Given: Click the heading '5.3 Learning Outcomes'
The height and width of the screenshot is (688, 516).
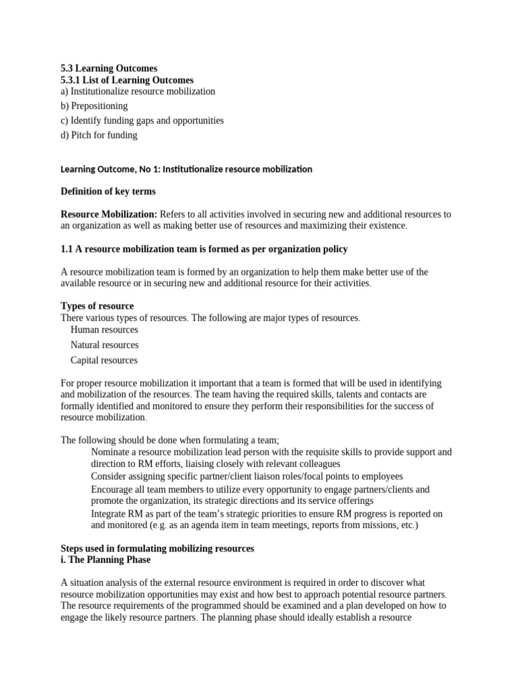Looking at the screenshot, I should tap(109, 68).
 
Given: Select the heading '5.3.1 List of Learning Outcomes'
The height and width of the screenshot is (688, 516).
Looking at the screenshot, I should tap(127, 80).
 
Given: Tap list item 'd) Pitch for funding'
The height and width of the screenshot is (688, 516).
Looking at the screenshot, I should tap(99, 135).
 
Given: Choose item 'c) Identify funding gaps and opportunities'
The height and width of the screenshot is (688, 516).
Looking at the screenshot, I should tap(142, 120).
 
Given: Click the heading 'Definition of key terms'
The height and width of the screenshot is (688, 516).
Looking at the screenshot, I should tap(108, 191).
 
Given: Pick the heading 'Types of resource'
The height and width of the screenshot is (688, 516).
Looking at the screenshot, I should tap(97, 306).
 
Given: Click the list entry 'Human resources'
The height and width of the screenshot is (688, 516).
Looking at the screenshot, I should tap(104, 330).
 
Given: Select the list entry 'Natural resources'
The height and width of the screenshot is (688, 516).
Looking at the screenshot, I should tap(104, 345).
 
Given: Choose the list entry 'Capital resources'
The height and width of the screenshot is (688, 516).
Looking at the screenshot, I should tap(103, 360).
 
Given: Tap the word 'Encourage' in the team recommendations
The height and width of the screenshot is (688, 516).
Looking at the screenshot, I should tap(113, 489).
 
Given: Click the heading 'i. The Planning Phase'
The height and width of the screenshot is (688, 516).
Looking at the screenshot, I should tap(105, 560).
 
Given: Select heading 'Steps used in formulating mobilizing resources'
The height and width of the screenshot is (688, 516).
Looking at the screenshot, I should tap(157, 548).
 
